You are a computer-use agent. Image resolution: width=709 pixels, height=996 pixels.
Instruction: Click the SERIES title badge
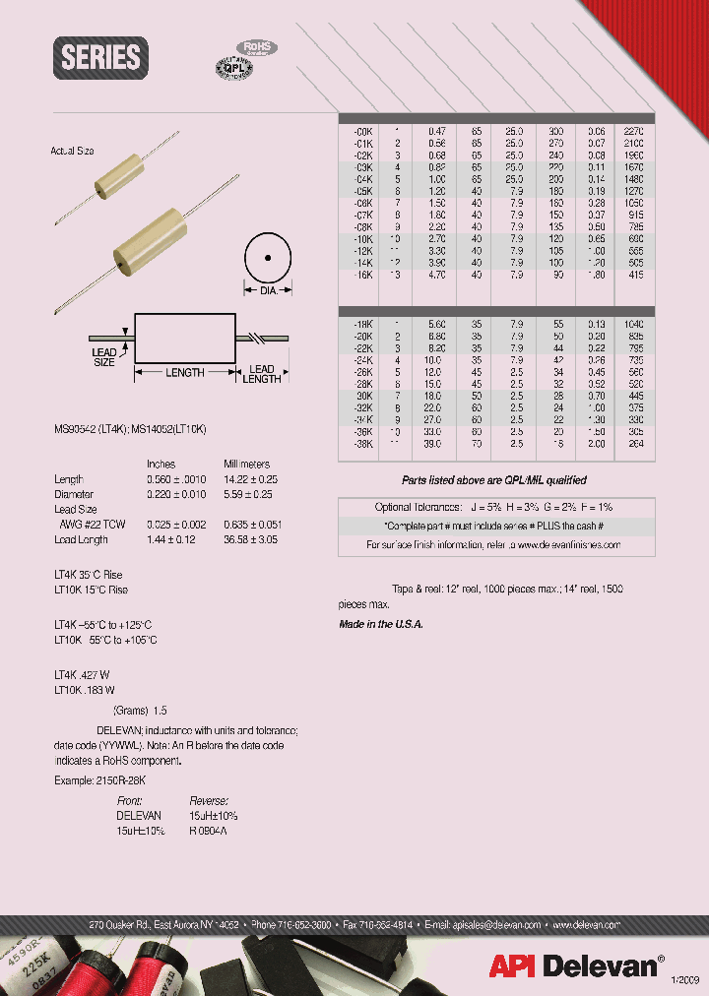[100, 57]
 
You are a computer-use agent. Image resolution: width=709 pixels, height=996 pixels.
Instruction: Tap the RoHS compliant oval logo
[256, 47]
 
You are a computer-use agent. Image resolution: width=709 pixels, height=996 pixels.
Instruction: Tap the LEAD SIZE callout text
[104, 357]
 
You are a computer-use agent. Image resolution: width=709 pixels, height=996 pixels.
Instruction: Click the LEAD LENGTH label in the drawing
[261, 373]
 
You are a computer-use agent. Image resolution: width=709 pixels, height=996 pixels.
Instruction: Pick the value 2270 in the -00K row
[633, 130]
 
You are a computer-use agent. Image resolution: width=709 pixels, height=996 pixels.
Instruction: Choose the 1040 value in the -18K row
[633, 324]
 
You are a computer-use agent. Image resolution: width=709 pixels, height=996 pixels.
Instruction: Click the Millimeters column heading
[246, 464]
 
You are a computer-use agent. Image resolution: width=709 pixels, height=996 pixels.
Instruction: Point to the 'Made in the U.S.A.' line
[380, 625]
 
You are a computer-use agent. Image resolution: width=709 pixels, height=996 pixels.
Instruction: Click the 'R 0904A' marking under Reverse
[208, 830]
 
